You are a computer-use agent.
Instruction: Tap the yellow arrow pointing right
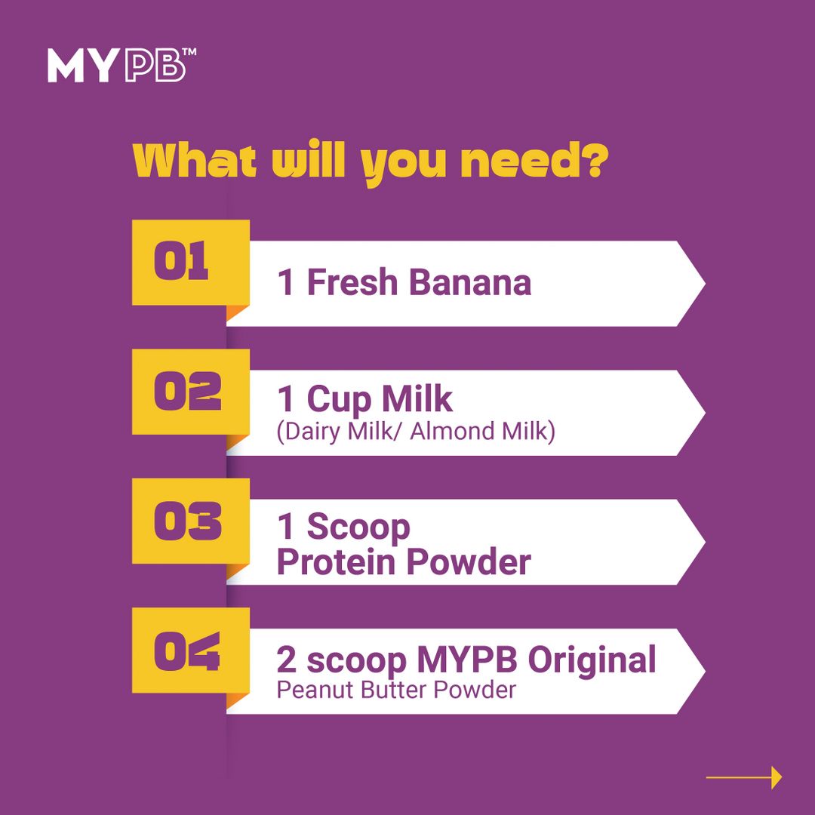tap(744, 777)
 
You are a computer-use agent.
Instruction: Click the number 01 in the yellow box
tap(181, 260)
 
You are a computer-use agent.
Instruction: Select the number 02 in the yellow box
tap(188, 391)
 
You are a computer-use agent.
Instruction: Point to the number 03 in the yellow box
tap(188, 520)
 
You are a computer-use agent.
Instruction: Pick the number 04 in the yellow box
tap(187, 650)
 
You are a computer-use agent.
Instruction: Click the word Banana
tap(470, 283)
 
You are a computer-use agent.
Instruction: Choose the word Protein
tap(335, 562)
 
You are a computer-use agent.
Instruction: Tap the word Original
tap(592, 661)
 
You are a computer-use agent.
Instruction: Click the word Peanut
tap(316, 690)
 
